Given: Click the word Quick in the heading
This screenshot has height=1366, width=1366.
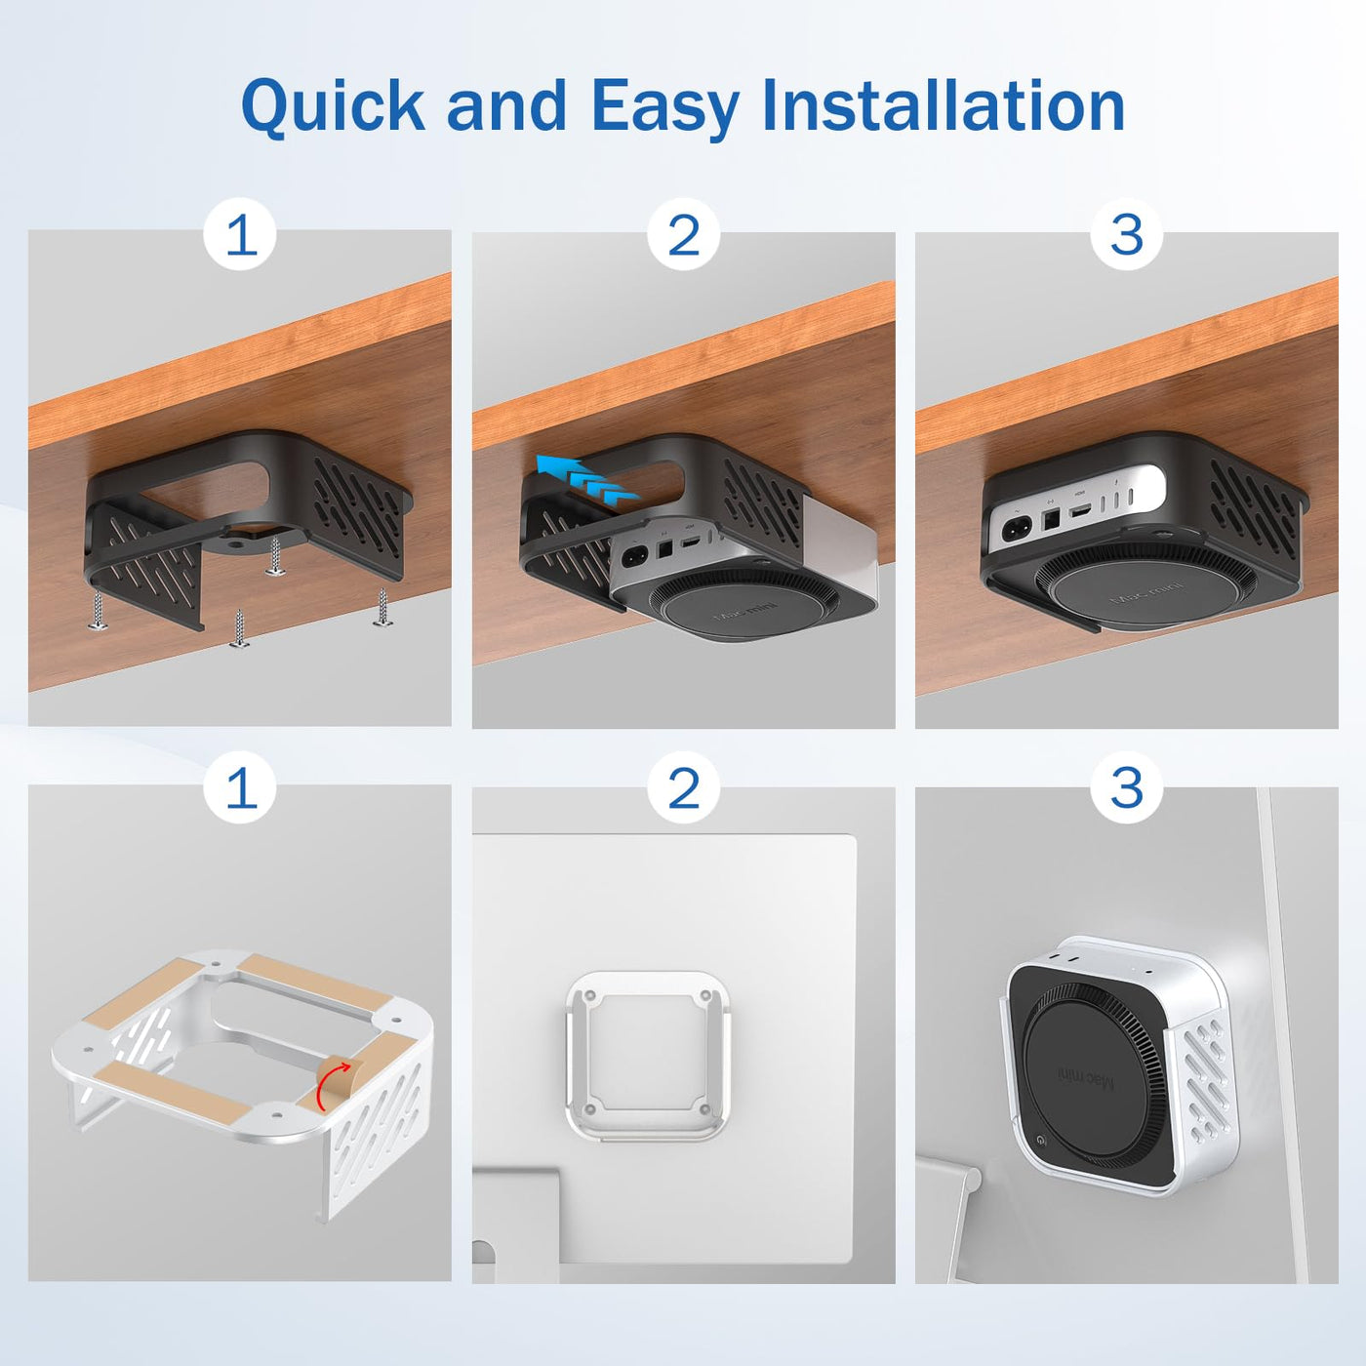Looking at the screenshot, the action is click(x=333, y=106).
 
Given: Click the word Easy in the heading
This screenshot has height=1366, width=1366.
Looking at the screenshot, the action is click(x=665, y=107).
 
